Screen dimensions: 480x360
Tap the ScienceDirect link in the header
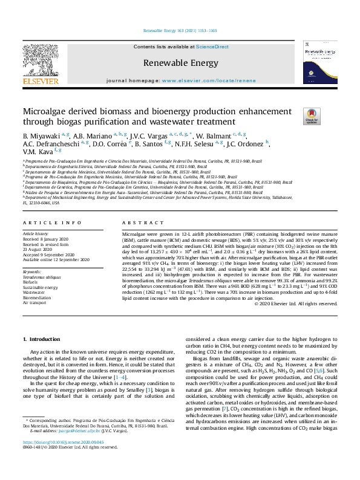click(212, 47)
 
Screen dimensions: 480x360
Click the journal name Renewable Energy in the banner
click(180, 62)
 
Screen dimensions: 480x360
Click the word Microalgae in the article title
click(47, 112)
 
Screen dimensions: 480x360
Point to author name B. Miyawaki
click(42, 135)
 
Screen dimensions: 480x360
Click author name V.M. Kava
click(37, 152)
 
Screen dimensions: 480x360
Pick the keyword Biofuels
click(31, 282)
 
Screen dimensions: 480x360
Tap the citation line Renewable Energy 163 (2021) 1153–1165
click(180, 30)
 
